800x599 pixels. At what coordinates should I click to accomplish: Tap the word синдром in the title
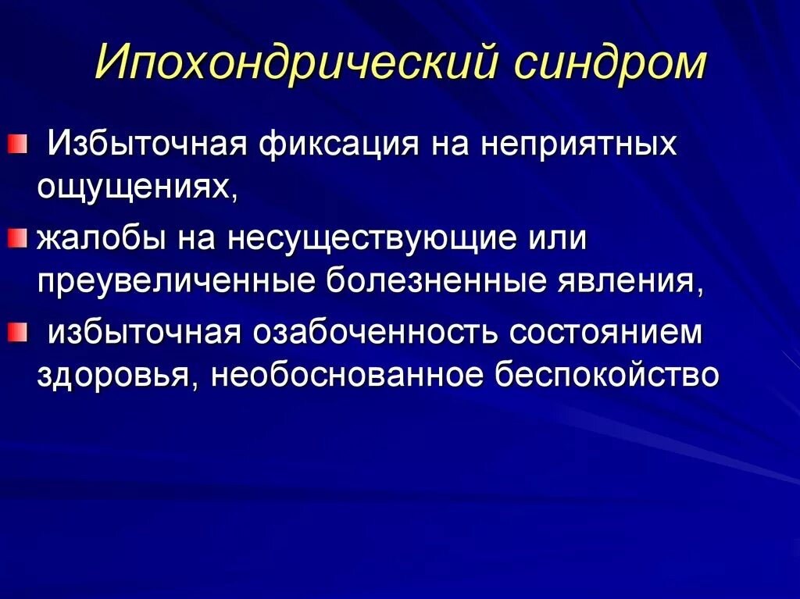click(x=609, y=64)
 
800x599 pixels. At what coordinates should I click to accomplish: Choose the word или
click(x=555, y=239)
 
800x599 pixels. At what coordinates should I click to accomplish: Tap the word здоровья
click(x=116, y=375)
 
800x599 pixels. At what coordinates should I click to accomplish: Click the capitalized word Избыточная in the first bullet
click(x=145, y=145)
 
